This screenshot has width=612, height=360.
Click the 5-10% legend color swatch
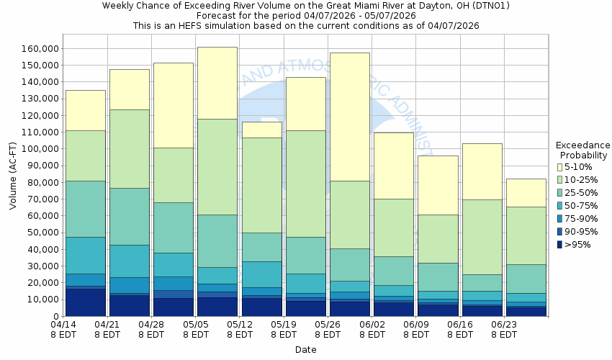click(560, 167)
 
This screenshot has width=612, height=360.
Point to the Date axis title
click(305, 350)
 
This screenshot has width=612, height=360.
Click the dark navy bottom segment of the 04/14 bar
click(85, 302)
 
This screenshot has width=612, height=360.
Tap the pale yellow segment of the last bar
click(526, 192)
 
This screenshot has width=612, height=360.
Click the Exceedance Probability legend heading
click(584, 150)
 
